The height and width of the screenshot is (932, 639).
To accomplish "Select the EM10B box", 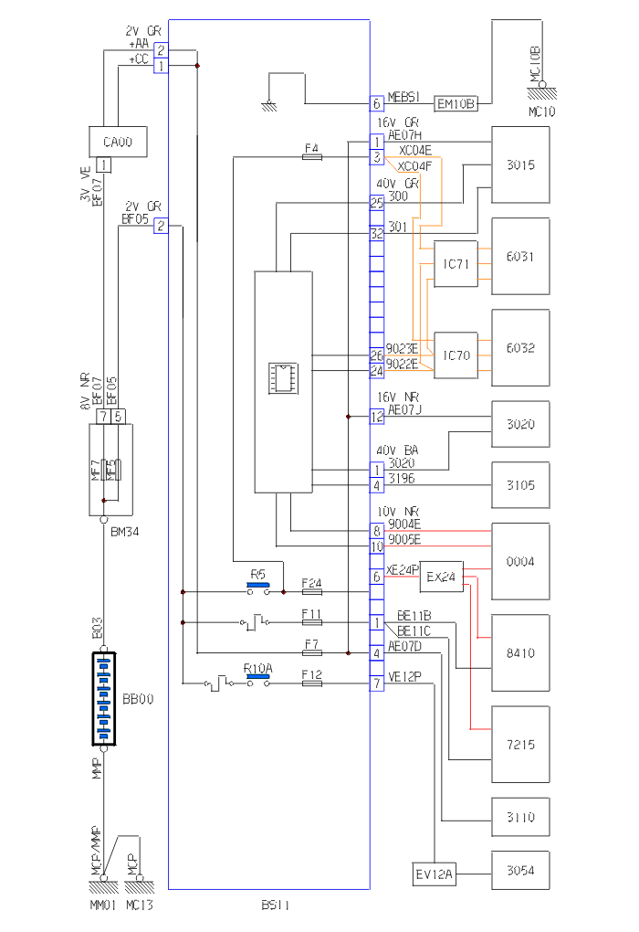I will click(455, 103).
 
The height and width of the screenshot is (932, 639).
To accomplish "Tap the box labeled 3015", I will click(520, 164).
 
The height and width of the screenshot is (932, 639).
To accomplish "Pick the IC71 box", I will click(456, 264).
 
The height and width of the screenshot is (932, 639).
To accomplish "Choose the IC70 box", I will click(456, 355).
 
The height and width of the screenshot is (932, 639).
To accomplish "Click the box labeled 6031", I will click(520, 256).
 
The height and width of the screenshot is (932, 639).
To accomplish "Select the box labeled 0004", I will click(520, 561).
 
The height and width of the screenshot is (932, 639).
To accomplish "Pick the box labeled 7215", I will click(520, 744).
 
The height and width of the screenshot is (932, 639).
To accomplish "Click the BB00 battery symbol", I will click(103, 699).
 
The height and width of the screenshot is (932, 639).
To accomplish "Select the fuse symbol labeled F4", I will click(311, 157).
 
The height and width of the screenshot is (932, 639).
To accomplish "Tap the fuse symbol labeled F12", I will click(311, 683).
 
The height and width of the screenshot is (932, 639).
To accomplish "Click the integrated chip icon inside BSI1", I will click(282, 377).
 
